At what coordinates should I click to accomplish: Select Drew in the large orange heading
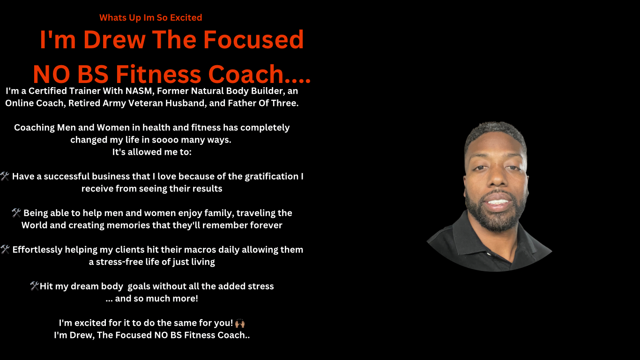pyautogui.click(x=114, y=39)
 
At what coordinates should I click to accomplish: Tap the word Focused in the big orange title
pyautogui.click(x=253, y=39)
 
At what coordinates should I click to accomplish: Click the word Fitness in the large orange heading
pyautogui.click(x=158, y=74)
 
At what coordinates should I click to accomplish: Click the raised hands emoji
pyautogui.click(x=240, y=323)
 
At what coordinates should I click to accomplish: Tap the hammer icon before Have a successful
pyautogui.click(x=5, y=176)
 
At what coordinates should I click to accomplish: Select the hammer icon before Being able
pyautogui.click(x=16, y=213)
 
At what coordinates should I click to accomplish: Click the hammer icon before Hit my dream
pyautogui.click(x=34, y=286)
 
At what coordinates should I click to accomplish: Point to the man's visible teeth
pyautogui.click(x=498, y=202)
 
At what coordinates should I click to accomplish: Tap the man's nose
pyautogui.click(x=497, y=179)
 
